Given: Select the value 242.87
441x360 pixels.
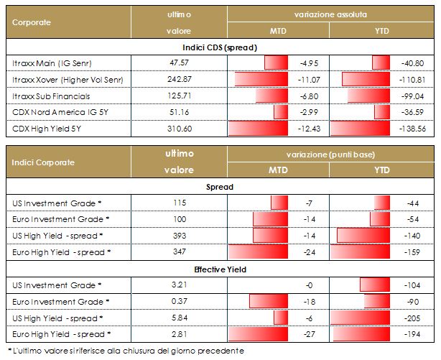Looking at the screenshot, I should tap(178, 78).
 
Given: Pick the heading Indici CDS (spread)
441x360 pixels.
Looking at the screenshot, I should tap(219, 47).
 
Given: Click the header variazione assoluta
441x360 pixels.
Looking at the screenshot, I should tap(330, 14).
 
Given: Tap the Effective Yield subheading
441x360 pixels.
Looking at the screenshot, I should tap(219, 270).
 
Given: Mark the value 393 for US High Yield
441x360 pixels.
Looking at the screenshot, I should tap(178, 235).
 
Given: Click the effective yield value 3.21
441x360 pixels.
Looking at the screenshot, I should tap(178, 285).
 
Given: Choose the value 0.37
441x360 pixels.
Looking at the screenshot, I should tap(178, 301).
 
